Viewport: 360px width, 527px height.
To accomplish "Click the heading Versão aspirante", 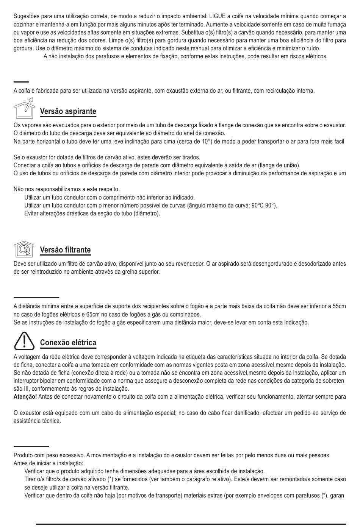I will click(x=68, y=111).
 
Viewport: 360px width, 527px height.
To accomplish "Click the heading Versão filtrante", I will click(x=65, y=250).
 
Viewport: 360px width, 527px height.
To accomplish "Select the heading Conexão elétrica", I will click(x=68, y=343).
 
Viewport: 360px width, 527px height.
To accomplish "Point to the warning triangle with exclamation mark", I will click(x=24, y=341).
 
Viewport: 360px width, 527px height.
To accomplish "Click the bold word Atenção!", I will click(x=25, y=396).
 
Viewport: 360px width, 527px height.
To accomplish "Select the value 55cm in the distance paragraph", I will click(x=339, y=306).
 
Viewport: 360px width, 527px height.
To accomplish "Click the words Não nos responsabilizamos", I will click(x=47, y=189).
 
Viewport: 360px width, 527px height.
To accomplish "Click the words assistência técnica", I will click(x=37, y=421).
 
